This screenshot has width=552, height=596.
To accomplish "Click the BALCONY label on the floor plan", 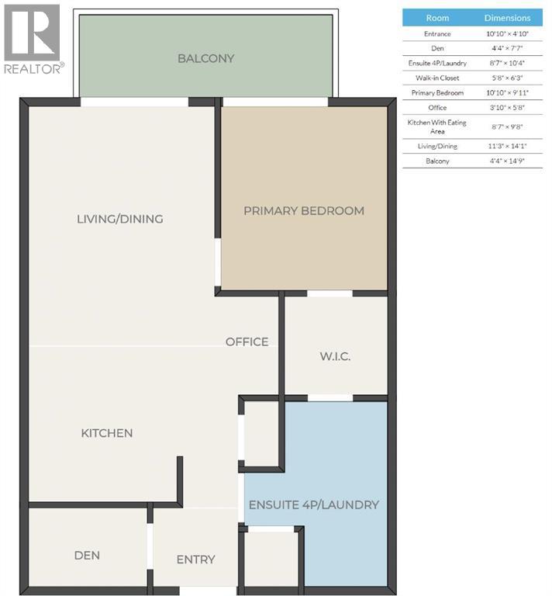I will click(x=205, y=58).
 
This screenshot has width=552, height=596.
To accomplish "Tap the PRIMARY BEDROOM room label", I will click(x=304, y=210).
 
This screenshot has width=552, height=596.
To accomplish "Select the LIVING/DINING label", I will click(x=120, y=219).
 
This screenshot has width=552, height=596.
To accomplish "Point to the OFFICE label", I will click(x=247, y=341).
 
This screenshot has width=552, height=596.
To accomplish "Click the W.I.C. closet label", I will click(x=335, y=356).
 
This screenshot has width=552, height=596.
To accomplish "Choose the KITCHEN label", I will click(x=107, y=433).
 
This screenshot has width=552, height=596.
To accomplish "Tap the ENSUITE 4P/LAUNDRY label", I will click(x=313, y=504).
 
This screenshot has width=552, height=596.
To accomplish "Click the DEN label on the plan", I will click(x=87, y=556).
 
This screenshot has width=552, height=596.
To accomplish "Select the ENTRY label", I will click(x=195, y=560).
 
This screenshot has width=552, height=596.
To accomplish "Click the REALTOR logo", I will click(x=32, y=39).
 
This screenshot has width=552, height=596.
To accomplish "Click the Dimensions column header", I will click(x=508, y=18).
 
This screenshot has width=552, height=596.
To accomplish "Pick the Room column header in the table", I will click(x=437, y=18).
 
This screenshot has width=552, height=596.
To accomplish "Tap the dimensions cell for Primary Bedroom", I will click(x=508, y=92).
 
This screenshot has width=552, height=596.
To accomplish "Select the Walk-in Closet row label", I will click(x=437, y=78).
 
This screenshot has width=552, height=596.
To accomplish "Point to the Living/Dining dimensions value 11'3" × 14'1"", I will click(x=508, y=145).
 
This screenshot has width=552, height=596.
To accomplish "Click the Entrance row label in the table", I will click(x=437, y=34).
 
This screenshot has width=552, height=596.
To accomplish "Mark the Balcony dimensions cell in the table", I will click(x=508, y=161).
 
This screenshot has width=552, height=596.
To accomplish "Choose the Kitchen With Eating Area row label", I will click(x=437, y=126).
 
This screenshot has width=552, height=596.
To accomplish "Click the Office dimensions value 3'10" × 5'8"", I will click(x=508, y=107).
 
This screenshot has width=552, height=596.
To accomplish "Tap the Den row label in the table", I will click(x=437, y=49).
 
